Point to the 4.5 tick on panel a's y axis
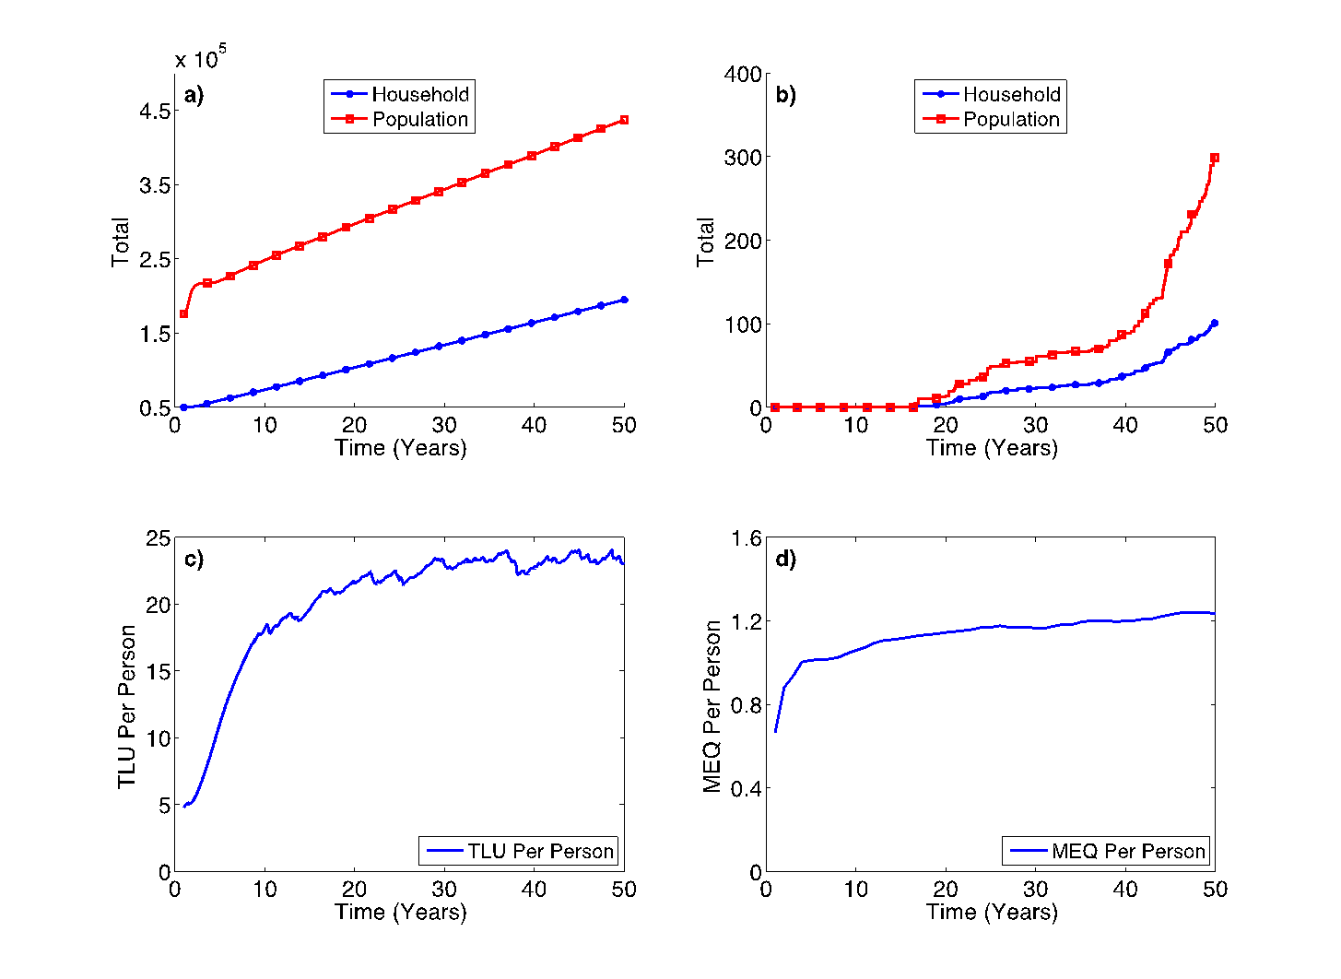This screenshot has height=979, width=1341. coord(154,111)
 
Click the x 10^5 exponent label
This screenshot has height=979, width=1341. coord(200,59)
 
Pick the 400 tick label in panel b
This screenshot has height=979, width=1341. coord(743,74)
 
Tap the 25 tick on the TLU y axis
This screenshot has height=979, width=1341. coord(159,538)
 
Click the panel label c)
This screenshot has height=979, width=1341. coord(194,560)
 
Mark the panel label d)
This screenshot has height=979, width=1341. coord(785,560)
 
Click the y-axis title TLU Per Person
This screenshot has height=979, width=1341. coord(126,706)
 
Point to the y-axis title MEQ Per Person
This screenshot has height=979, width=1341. coord(712,706)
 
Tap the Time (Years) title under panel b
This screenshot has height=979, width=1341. coord(992,448)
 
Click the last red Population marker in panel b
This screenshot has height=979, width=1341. coord(1215,158)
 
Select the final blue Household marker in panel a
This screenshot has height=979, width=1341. coord(624,300)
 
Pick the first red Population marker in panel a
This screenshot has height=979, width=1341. coord(183,314)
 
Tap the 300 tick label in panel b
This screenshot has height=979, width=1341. coord(743,158)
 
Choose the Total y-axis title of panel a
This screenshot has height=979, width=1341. coord(121,242)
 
